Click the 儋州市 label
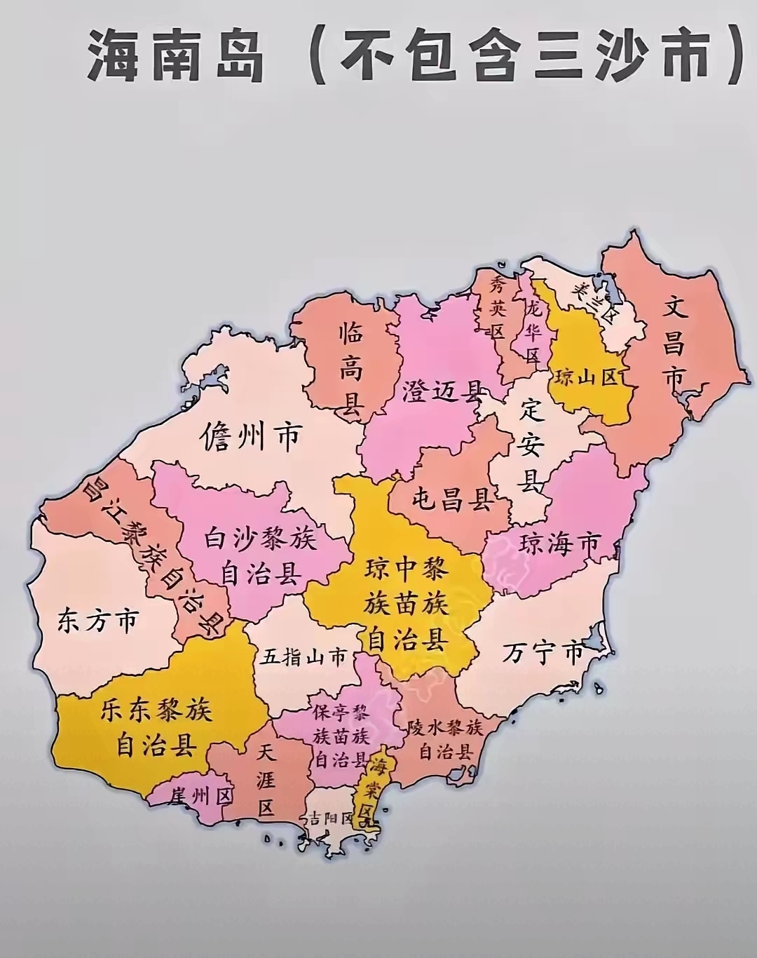pyautogui.click(x=250, y=437)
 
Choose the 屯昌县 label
pyautogui.click(x=451, y=501)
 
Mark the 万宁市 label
pyautogui.click(x=543, y=654)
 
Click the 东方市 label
pyautogui.click(x=98, y=621)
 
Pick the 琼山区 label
pyautogui.click(x=586, y=378)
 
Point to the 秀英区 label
pyautogui.click(x=498, y=306)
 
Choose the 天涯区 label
pyautogui.click(x=265, y=780)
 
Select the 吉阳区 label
pyautogui.click(x=328, y=818)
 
